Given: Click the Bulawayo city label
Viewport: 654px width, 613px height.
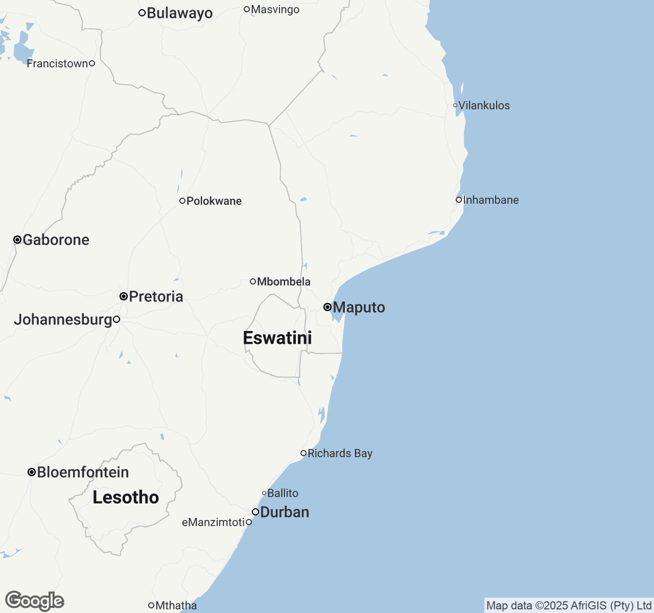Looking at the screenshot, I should (x=179, y=13).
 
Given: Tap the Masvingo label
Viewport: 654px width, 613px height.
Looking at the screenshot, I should (x=275, y=10).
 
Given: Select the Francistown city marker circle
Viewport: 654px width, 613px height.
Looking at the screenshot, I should (x=92, y=63).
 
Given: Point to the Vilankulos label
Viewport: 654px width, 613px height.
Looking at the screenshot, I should (x=484, y=106).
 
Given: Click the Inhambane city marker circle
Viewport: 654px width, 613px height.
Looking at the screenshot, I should (x=459, y=200).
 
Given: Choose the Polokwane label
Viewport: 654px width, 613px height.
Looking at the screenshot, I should (x=214, y=201).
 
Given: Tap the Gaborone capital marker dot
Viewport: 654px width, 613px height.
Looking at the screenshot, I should (x=17, y=240).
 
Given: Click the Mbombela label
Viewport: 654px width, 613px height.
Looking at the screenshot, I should (x=284, y=282).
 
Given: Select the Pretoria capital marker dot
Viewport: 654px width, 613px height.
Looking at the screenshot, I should (x=124, y=296).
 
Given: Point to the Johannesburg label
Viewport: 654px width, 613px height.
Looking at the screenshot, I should (x=63, y=320).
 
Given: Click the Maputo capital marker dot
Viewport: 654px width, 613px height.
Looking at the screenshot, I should (x=328, y=307).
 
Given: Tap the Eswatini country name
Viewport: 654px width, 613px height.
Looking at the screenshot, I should (x=277, y=338).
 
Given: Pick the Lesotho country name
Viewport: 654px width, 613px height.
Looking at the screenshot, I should (x=126, y=498).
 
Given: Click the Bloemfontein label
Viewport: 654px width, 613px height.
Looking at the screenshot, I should (x=83, y=473).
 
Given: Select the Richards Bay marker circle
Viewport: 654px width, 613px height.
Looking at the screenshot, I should (x=303, y=453).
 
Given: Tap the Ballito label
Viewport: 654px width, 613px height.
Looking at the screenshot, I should (x=283, y=493).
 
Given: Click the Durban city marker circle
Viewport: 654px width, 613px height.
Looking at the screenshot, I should (x=255, y=512).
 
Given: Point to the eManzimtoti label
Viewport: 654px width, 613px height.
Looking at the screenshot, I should (x=213, y=523).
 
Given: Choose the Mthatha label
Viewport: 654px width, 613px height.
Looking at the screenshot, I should (x=176, y=606).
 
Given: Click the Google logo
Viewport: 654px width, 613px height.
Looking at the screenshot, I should (x=34, y=601).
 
